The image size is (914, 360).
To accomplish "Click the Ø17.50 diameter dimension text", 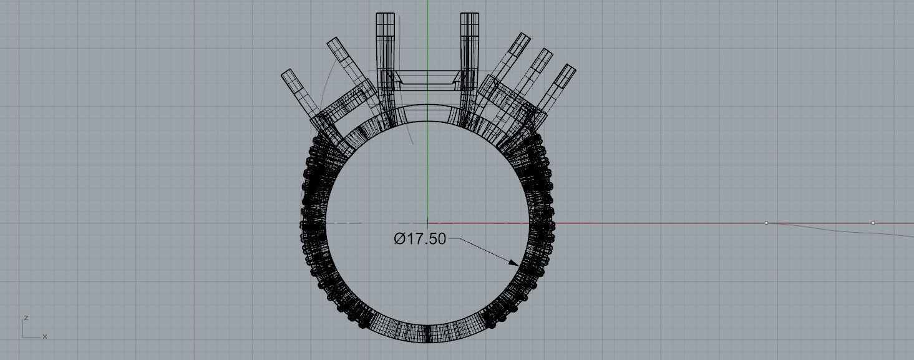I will point(420,239).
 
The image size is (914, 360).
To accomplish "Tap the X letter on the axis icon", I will point(45,337).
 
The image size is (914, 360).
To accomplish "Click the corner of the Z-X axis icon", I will point(23,338).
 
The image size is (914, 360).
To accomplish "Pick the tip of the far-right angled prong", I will point(568,67).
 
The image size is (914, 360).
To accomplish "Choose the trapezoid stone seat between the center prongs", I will point(427,79).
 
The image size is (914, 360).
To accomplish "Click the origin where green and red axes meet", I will point(427,223).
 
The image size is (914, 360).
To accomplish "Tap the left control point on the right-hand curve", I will point(766,223).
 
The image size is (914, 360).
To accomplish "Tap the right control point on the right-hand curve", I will point(873,223).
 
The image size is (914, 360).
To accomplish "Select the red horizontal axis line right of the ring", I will point(655,223).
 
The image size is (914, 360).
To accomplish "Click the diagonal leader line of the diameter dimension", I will point(487,250).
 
